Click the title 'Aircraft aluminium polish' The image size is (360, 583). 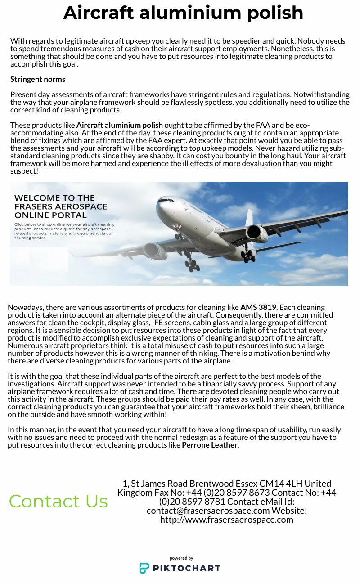[x=183, y=13]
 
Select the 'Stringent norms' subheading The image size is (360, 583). [x=38, y=80]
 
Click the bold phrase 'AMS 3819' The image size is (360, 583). [x=258, y=308]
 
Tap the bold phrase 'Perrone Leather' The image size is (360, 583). [x=209, y=445]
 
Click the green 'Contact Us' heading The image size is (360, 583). [x=58, y=501]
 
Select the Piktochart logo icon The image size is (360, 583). [x=144, y=568]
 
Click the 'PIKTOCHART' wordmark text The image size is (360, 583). [x=186, y=568]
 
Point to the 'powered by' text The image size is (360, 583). [x=181, y=558]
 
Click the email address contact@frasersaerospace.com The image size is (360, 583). [x=208, y=511]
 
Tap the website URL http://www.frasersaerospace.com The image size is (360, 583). [x=227, y=520]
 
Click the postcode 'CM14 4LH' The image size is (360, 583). [x=278, y=484]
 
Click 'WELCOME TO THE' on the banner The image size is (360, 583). [x=54, y=198]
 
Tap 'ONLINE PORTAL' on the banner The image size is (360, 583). [x=50, y=215]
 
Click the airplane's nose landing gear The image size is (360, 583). [x=179, y=235]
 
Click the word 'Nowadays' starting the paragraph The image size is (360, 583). [x=25, y=308]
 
